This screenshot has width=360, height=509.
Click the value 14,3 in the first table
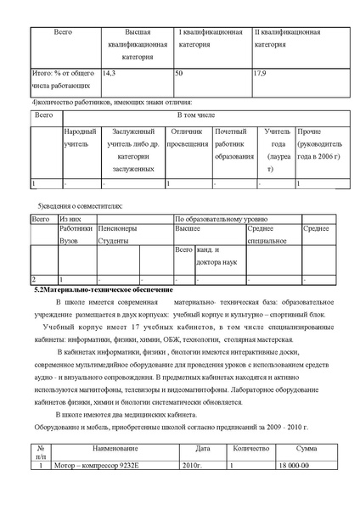109,75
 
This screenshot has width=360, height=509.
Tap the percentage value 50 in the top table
179,75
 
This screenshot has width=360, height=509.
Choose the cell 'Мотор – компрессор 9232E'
97,465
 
